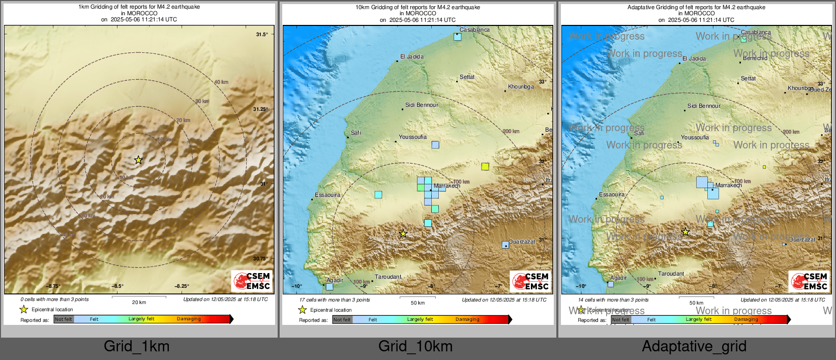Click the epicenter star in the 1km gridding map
pos(138,160)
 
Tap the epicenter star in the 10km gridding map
pos(403,233)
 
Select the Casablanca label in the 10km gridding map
pos(474,30)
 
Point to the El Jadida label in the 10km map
pos(412,56)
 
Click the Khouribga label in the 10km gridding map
pos(521,86)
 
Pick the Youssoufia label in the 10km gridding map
pos(412,137)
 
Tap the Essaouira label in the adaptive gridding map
pos(611,195)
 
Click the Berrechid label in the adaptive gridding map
pos(755,58)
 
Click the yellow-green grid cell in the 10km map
pos(485,166)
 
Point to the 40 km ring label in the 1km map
pos(221,82)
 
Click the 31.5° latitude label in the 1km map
pos(261,35)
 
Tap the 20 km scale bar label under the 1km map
pos(139,302)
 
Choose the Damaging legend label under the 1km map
pos(189,319)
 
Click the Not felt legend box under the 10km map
pos(342,319)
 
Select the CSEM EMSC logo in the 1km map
pos(252,281)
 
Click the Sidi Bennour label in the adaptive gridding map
pos(704,106)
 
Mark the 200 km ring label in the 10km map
pos(511,131)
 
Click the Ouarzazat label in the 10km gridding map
pos(522,242)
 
